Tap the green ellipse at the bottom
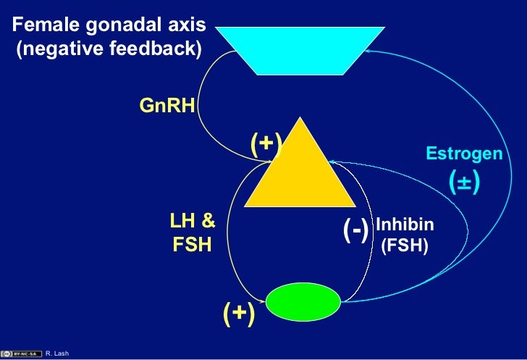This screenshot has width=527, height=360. [x=303, y=301]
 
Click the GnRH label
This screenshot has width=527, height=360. [x=167, y=106]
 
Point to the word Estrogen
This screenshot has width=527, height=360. [x=464, y=154]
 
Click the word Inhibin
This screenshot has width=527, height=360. [x=405, y=225]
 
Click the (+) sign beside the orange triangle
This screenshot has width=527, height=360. [x=266, y=143]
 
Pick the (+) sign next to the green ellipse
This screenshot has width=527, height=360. [x=238, y=313]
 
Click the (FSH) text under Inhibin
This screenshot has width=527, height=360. [x=405, y=246]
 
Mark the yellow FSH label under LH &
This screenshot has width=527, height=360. [x=192, y=245]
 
